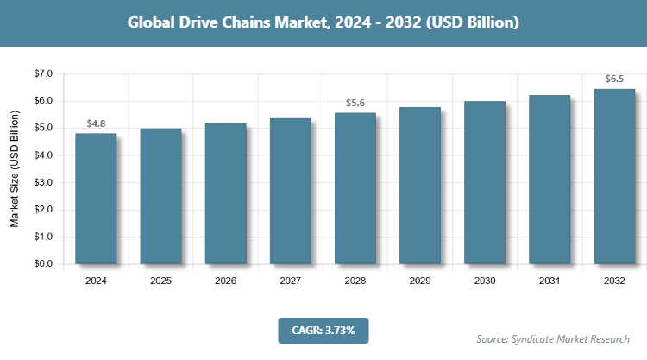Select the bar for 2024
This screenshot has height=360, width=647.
tap(96, 199)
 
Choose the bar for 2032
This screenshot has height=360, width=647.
tap(614, 176)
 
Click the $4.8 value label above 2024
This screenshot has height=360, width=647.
tap(96, 124)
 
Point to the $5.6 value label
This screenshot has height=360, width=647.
tap(355, 104)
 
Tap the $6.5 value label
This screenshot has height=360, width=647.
tap(614, 79)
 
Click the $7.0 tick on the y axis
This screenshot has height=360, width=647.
tap(42, 74)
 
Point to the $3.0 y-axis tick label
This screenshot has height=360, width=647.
tap(42, 183)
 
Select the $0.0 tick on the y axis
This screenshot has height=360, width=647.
tap(42, 264)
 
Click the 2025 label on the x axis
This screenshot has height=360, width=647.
tap(160, 281)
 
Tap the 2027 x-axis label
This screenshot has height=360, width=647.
tap(290, 281)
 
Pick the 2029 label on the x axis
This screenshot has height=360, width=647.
tap(420, 281)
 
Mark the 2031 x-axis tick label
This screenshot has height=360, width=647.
tap(550, 281)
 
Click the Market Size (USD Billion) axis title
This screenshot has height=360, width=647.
tap(15, 169)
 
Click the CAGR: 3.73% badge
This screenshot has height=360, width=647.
tap(323, 330)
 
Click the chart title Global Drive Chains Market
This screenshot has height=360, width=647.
tap(323, 22)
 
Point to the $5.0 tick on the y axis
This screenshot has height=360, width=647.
tap(42, 129)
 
